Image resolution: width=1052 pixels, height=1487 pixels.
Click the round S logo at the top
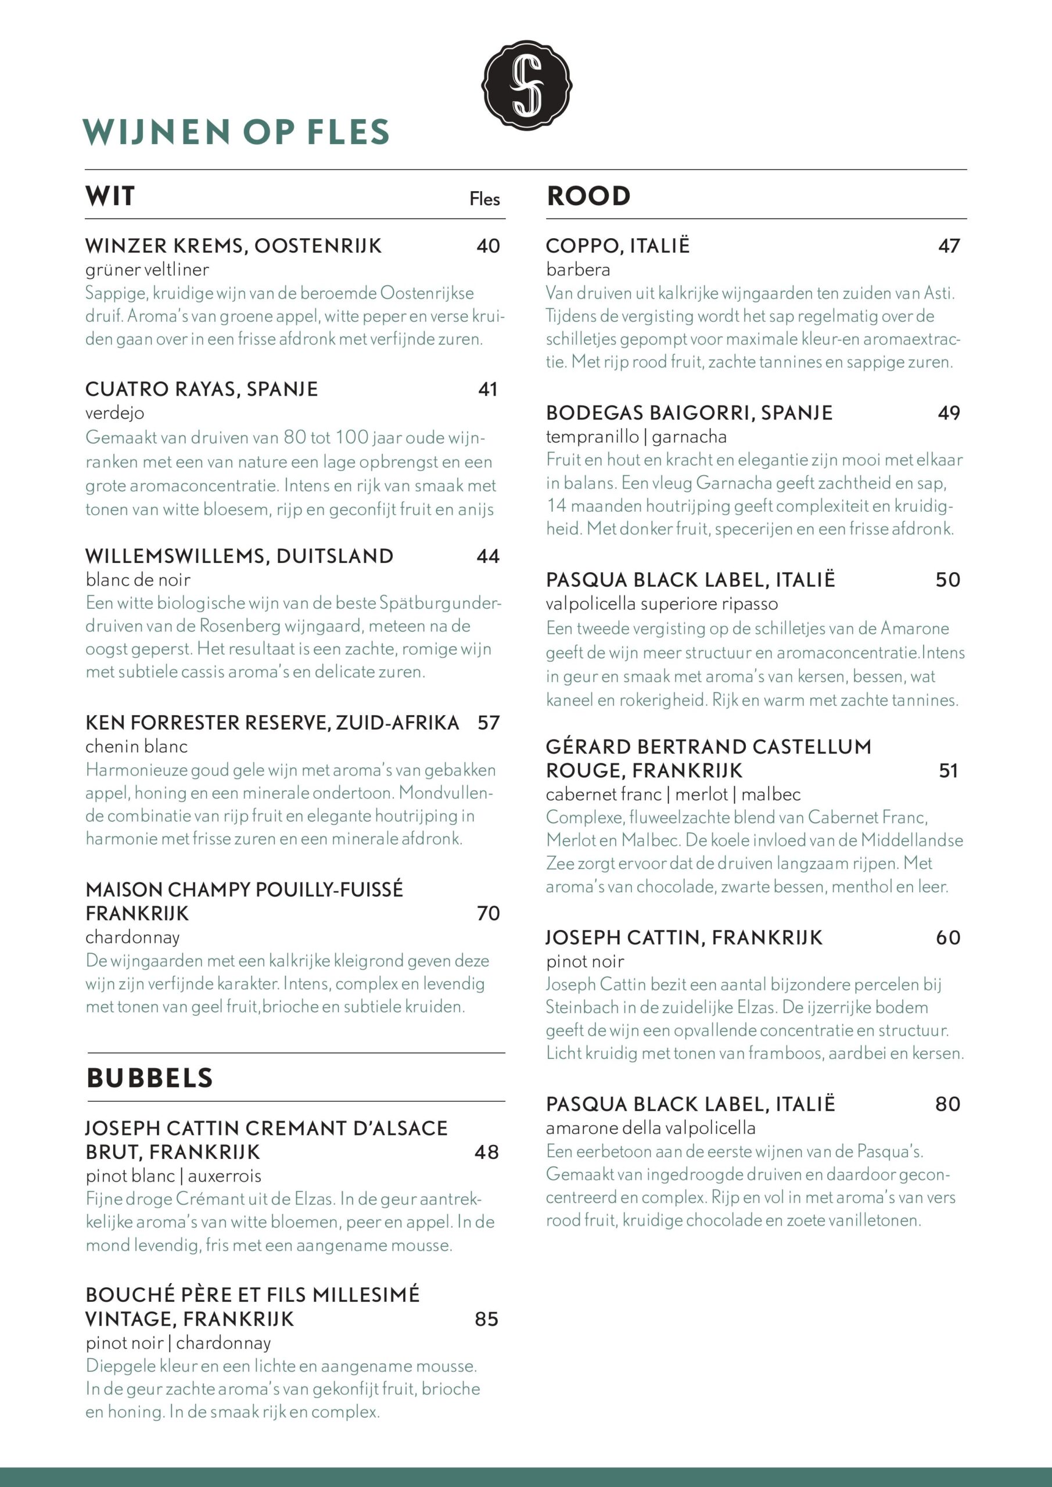tap(526, 85)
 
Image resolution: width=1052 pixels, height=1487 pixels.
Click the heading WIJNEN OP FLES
tap(236, 131)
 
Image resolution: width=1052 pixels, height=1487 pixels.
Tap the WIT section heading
tap(110, 196)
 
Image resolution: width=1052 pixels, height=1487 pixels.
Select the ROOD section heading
tap(588, 196)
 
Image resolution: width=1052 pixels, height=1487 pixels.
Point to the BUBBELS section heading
tap(150, 1077)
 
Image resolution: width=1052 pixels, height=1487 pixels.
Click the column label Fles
tap(484, 199)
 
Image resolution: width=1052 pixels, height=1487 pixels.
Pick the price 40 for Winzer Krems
tap(488, 246)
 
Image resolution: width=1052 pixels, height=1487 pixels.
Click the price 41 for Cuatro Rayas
tap(488, 389)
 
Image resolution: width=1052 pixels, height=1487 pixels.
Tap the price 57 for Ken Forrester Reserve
tap(489, 723)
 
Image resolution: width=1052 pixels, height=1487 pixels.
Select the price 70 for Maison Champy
tap(489, 913)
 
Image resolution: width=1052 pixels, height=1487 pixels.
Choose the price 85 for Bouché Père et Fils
tap(486, 1319)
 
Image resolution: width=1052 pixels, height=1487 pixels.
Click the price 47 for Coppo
tap(949, 246)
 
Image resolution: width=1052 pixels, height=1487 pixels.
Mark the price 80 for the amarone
tap(947, 1104)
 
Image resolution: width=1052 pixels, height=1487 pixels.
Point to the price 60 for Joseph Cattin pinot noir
tap(947, 937)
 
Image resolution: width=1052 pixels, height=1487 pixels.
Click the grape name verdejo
tap(114, 412)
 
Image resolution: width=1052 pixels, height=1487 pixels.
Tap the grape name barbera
tap(578, 270)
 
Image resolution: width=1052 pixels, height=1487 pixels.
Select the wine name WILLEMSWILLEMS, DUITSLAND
tap(239, 556)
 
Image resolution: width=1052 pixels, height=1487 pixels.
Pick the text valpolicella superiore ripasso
tap(662, 604)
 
